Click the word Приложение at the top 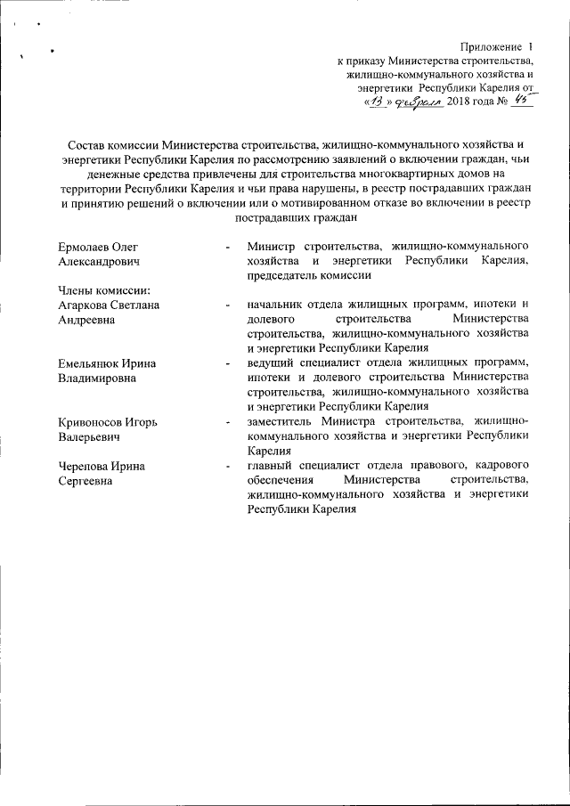489,45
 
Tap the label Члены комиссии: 102,291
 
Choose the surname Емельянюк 88,363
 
